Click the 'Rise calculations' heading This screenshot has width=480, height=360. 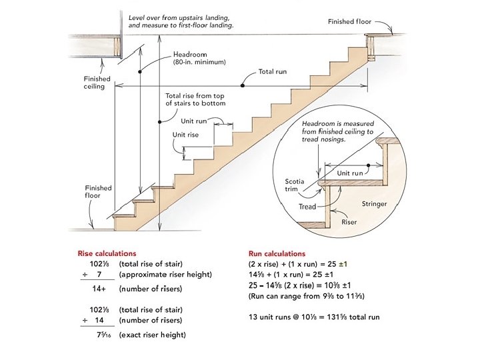[107, 253]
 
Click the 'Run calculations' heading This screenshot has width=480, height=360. [276, 254]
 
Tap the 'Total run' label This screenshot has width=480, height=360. [272, 71]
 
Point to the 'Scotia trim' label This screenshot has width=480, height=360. [295, 185]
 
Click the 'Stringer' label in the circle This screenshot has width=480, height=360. [374, 204]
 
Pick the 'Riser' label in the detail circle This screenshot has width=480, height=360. [349, 221]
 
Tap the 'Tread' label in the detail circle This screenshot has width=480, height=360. [307, 207]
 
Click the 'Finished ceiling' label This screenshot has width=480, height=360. [94, 83]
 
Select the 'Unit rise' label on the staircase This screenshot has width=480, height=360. [186, 134]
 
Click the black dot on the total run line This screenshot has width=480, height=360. [243, 85]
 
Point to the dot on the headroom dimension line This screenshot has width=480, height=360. [140, 71]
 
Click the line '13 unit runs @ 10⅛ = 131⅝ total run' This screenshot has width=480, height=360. [313, 317]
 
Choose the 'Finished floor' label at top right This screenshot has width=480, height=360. [349, 22]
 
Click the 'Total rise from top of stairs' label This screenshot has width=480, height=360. [195, 99]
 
